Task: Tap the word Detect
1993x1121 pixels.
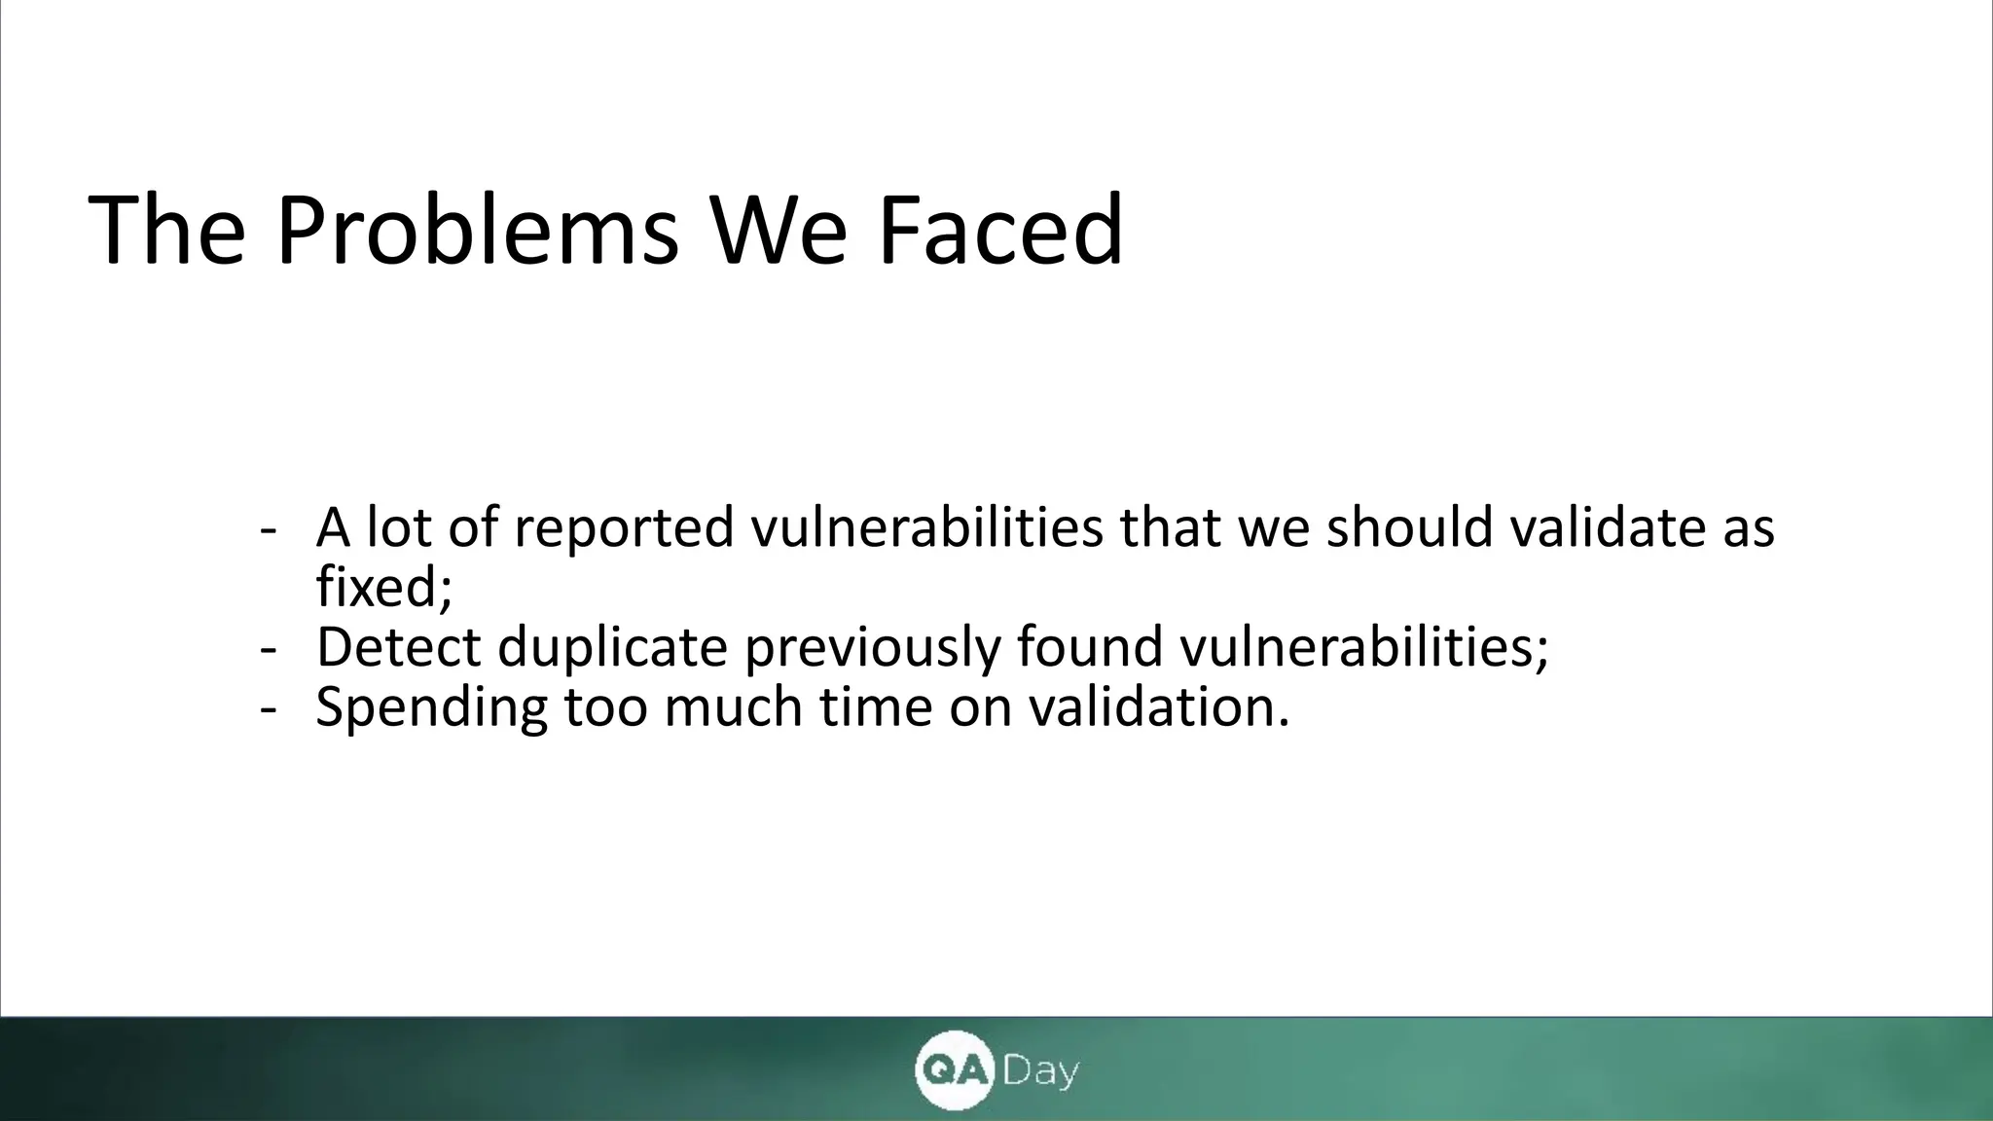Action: pyautogui.click(x=399, y=647)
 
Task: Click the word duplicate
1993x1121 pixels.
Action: pyautogui.click(x=613, y=647)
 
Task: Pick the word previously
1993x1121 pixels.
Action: pyautogui.click(x=872, y=647)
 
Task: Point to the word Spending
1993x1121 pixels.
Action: pyautogui.click(x=432, y=707)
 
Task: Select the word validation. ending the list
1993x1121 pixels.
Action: pyautogui.click(x=1159, y=707)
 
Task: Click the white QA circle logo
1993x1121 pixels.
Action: pyautogui.click(x=953, y=1070)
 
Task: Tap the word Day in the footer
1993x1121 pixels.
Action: pyautogui.click(x=1040, y=1072)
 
